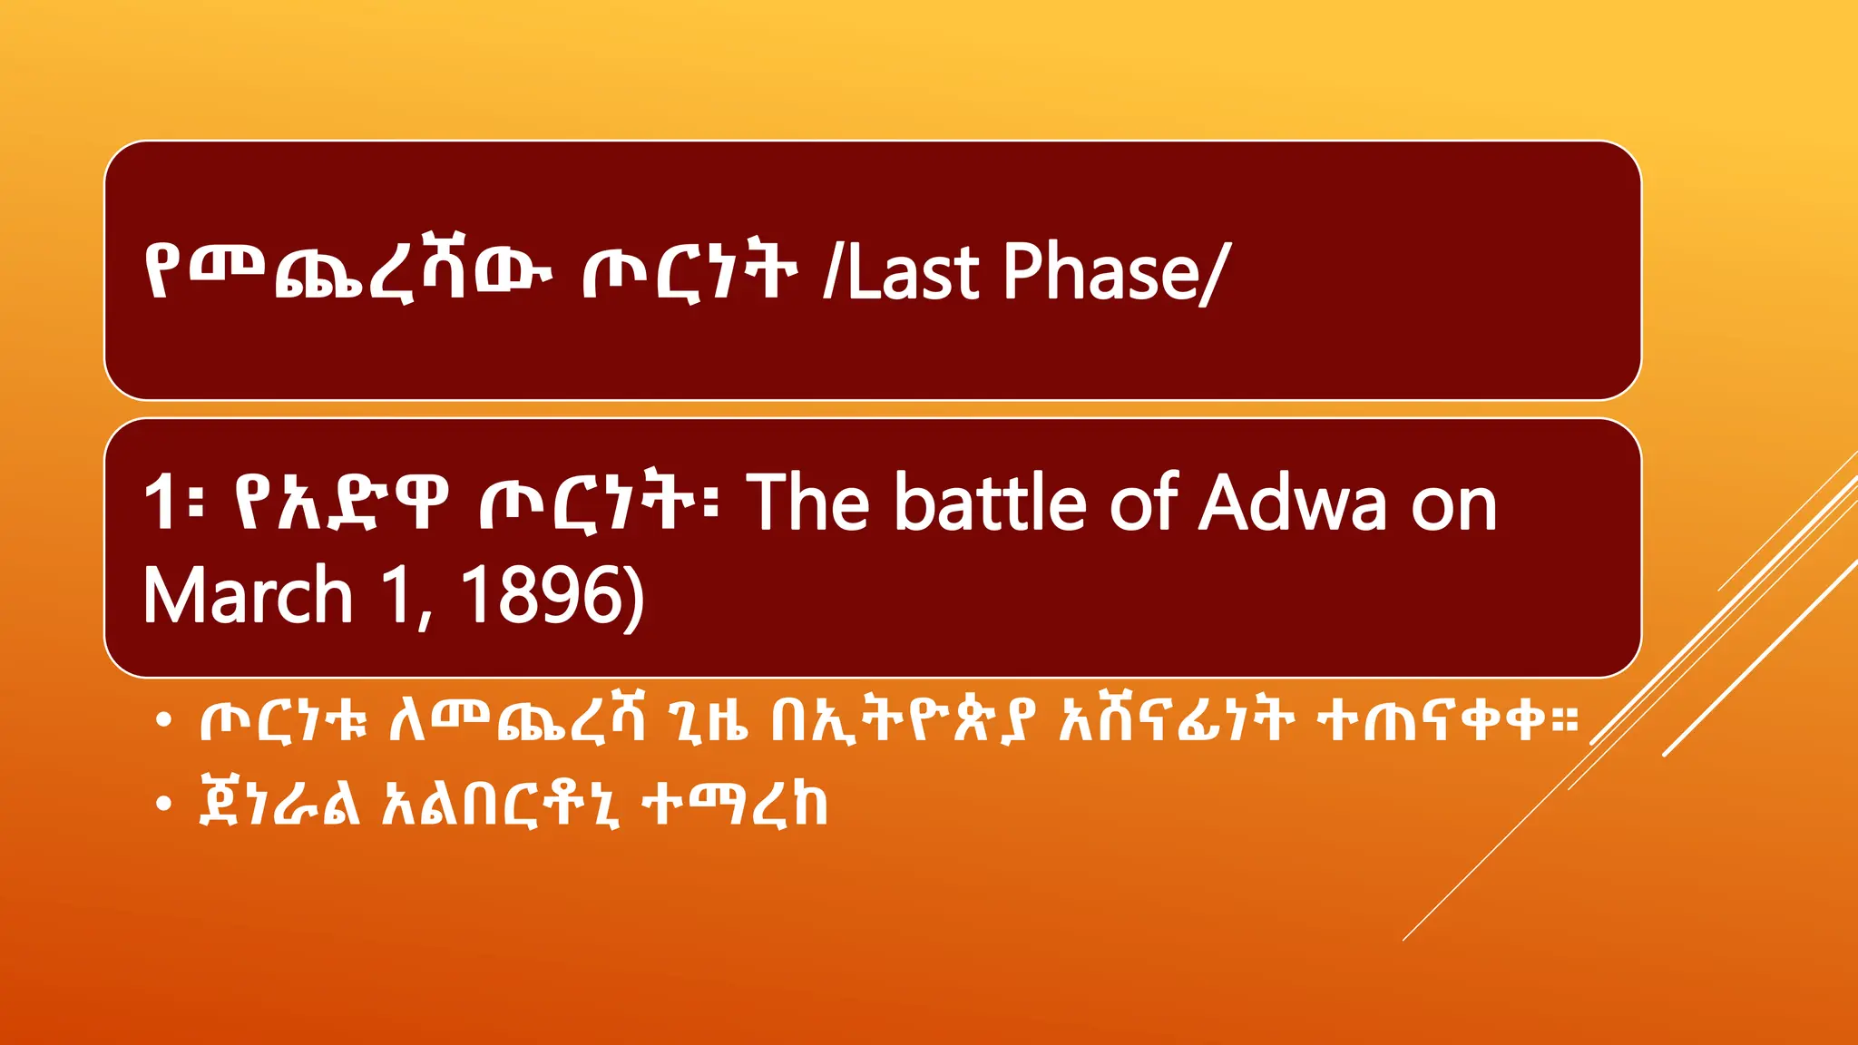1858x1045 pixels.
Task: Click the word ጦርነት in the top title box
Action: (x=689, y=271)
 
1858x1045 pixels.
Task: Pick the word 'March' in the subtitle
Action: (x=248, y=595)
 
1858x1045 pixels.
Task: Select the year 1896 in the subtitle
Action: (x=544, y=595)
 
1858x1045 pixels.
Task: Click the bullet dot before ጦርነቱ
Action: (x=163, y=721)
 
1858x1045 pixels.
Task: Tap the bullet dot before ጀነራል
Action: (x=163, y=804)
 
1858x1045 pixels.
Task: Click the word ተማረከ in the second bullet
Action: (x=735, y=804)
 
